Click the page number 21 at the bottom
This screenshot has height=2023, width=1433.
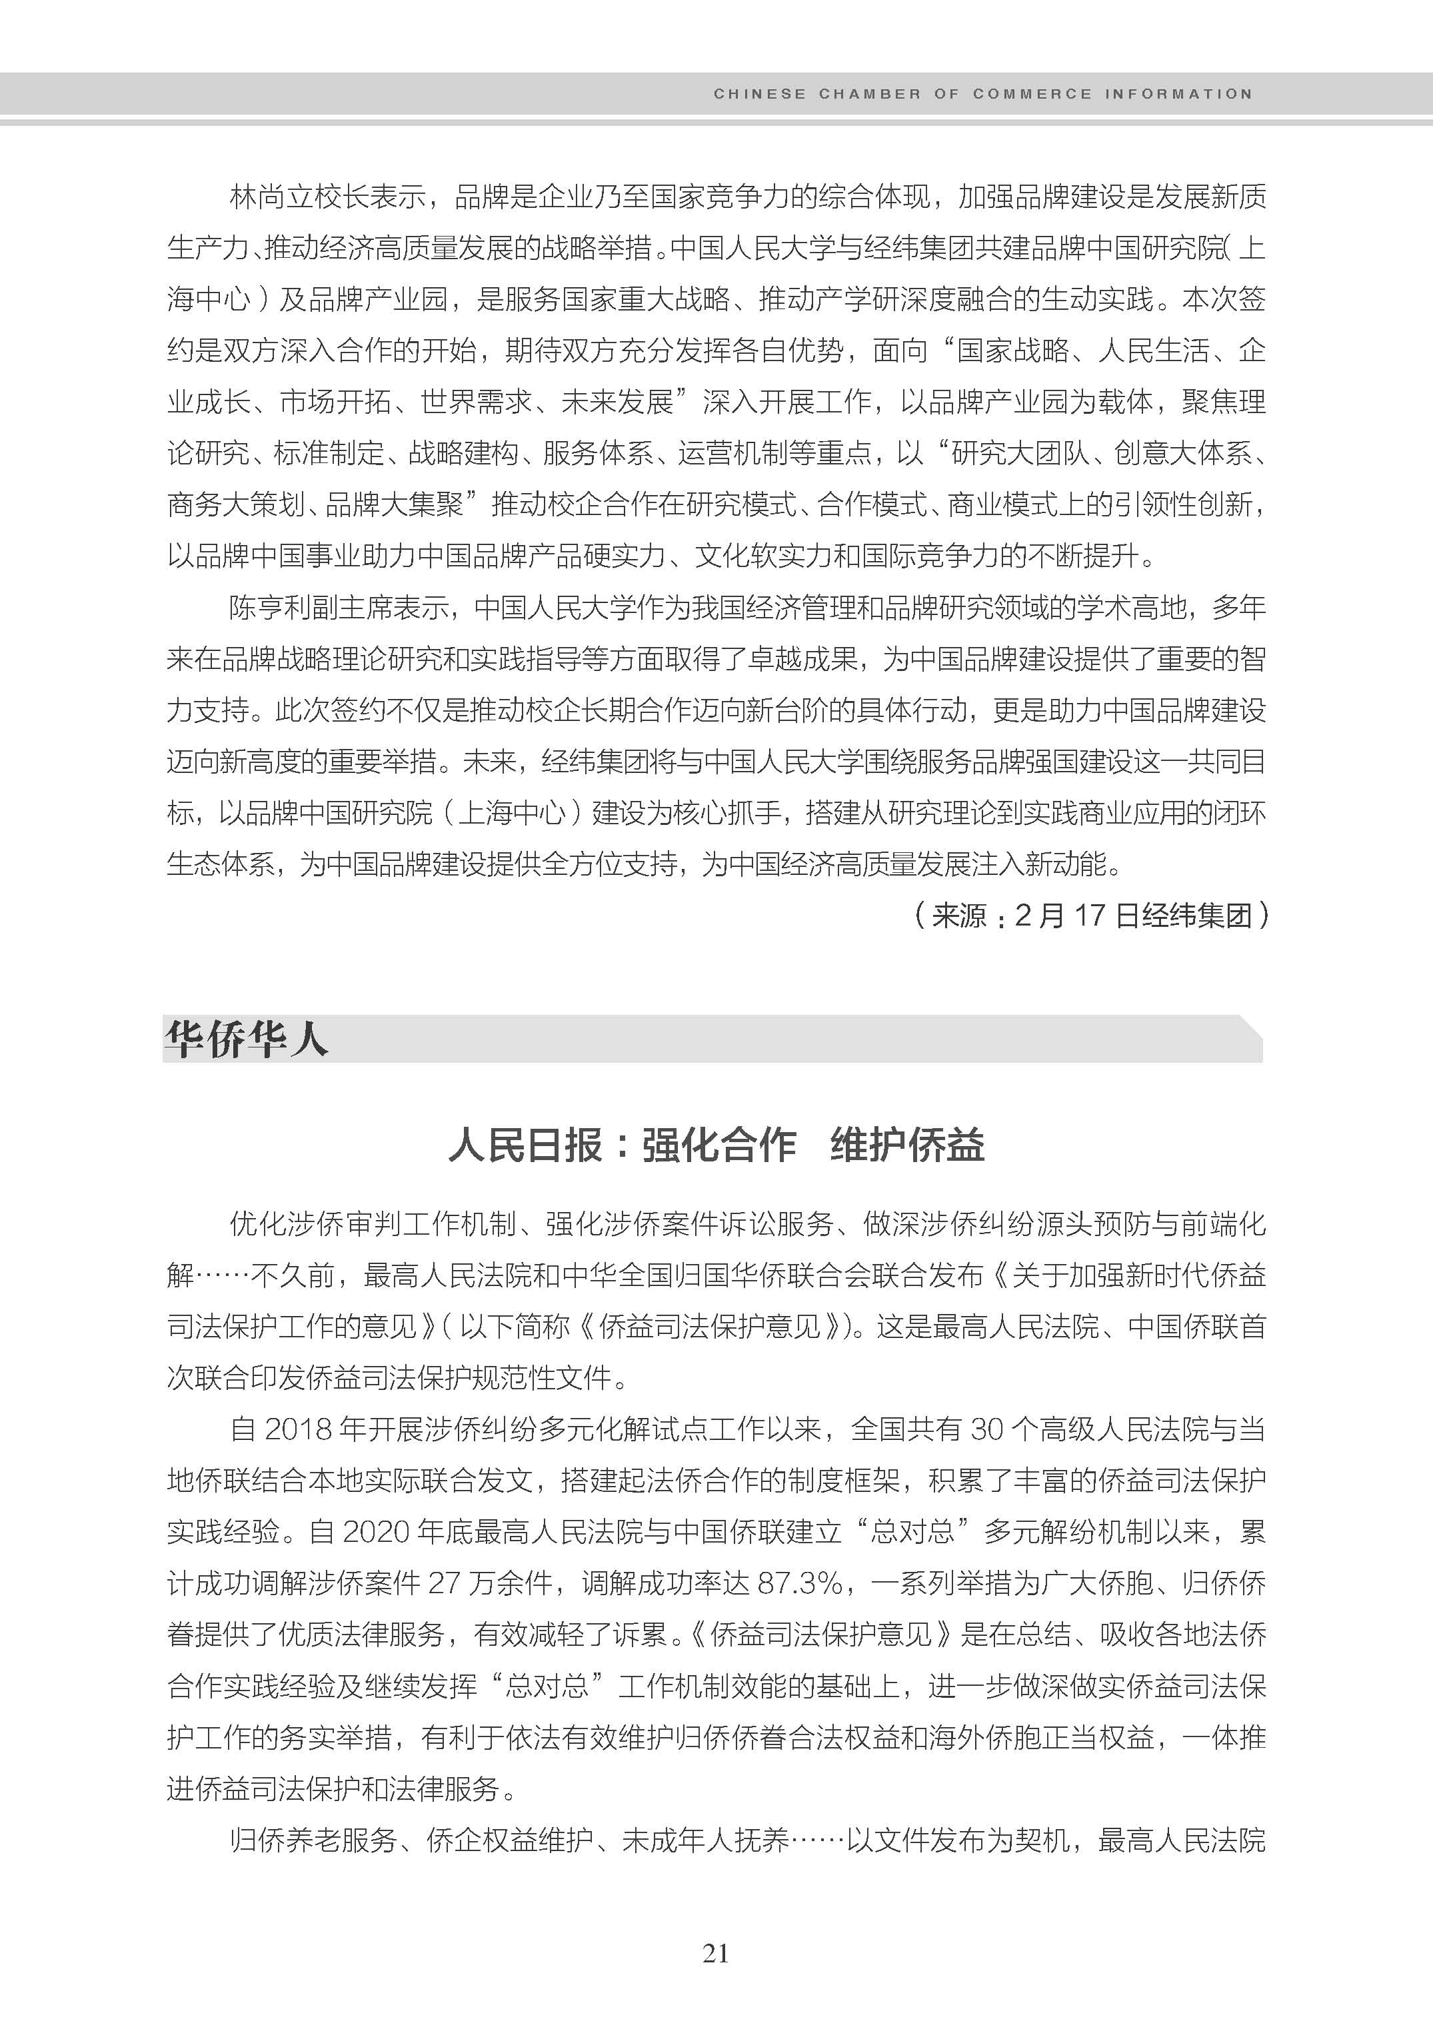point(716,1952)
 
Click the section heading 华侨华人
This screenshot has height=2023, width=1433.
point(246,1039)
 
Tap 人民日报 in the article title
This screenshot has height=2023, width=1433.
point(525,1146)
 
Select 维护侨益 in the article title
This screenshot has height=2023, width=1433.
point(907,1146)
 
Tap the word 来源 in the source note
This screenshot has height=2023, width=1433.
point(959,915)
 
